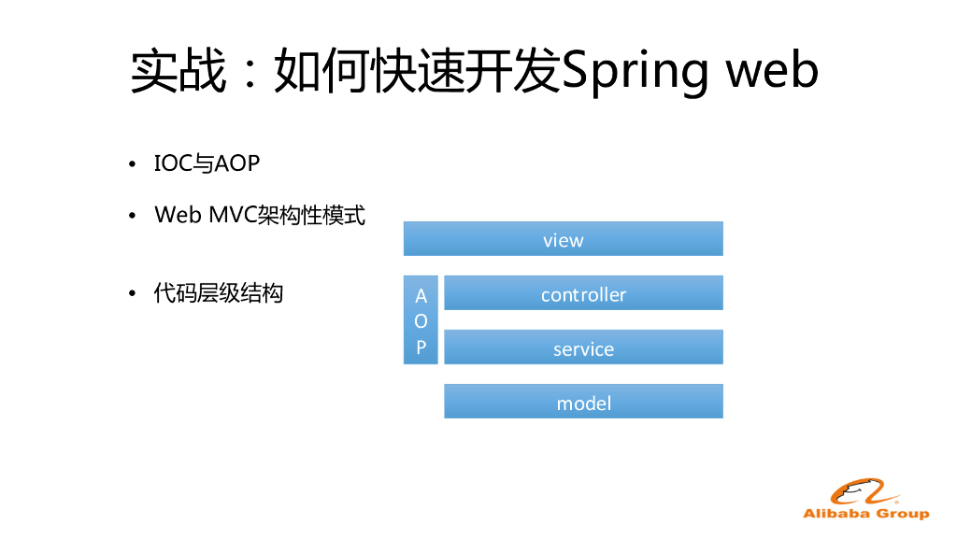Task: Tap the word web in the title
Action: click(x=772, y=70)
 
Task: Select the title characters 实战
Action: click(x=178, y=70)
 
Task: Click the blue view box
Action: click(x=563, y=239)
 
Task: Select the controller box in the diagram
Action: click(x=583, y=293)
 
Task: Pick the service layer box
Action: click(x=583, y=347)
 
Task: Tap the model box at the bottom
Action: click(x=583, y=402)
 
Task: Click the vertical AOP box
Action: click(x=421, y=320)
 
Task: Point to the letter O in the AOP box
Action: click(x=421, y=321)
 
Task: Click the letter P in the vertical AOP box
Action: click(x=421, y=347)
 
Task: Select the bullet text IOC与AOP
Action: click(x=207, y=163)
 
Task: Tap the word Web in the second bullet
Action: click(x=179, y=215)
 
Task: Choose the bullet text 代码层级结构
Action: click(x=219, y=293)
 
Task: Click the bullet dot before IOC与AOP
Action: click(x=133, y=165)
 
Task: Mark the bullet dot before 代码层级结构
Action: click(x=133, y=295)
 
